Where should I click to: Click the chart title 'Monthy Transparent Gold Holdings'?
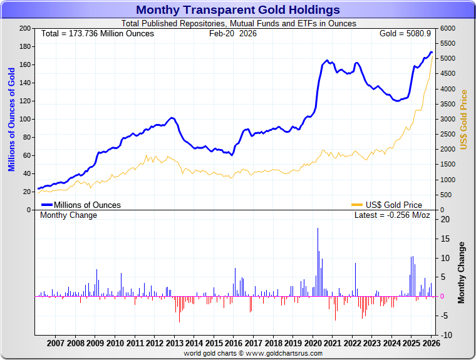(238, 10)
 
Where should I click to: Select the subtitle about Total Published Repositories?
(238, 24)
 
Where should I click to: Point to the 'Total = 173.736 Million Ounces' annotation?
(97, 33)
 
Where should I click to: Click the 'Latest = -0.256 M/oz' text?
(392, 215)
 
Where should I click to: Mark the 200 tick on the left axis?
(26, 29)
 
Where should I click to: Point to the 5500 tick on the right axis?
(448, 44)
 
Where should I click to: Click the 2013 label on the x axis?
(174, 342)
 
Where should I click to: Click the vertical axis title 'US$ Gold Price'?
(464, 120)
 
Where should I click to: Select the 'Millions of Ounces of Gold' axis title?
(11, 120)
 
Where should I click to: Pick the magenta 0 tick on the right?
(442, 296)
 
